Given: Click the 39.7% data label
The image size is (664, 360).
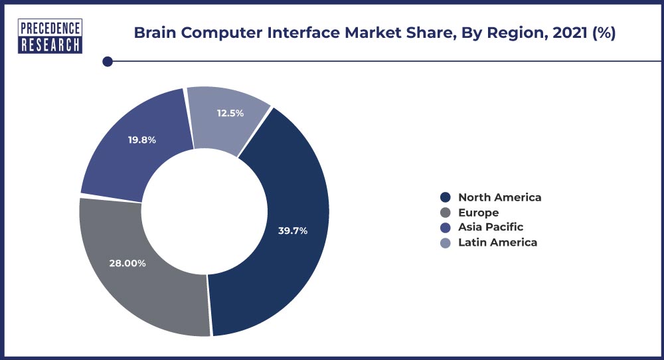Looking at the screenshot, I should (292, 230).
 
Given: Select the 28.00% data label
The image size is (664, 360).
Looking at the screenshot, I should (127, 263).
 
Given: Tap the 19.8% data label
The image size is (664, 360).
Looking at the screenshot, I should (141, 140).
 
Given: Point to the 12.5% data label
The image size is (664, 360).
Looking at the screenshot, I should (230, 113).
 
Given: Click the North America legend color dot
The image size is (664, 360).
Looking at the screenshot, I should (446, 197).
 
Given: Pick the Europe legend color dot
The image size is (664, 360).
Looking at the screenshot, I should (446, 213).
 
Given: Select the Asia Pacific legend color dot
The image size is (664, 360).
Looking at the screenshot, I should (446, 227).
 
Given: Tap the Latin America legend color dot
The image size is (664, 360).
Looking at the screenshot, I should (446, 242).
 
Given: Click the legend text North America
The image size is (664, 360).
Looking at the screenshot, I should (499, 197).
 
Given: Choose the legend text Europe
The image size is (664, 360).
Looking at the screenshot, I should (478, 213).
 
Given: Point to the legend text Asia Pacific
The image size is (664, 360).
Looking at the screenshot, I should (491, 227).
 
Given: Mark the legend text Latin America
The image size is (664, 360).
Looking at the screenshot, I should (497, 242).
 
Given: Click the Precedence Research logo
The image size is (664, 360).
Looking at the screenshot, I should (50, 37).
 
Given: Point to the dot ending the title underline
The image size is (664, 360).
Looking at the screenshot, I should (107, 62).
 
